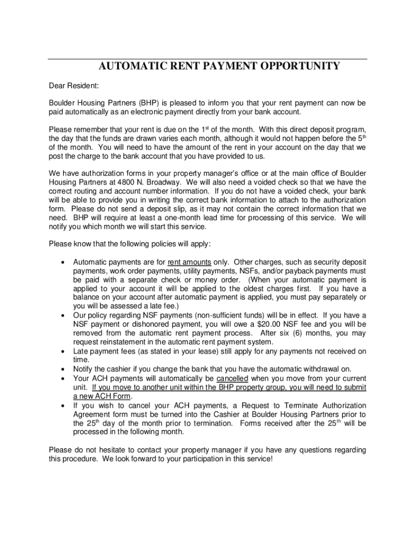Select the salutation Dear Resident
(71, 85)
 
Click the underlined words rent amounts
(189, 263)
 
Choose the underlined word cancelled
(232, 378)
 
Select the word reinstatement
(129, 342)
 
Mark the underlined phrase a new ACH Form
(102, 396)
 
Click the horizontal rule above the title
(207, 59)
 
